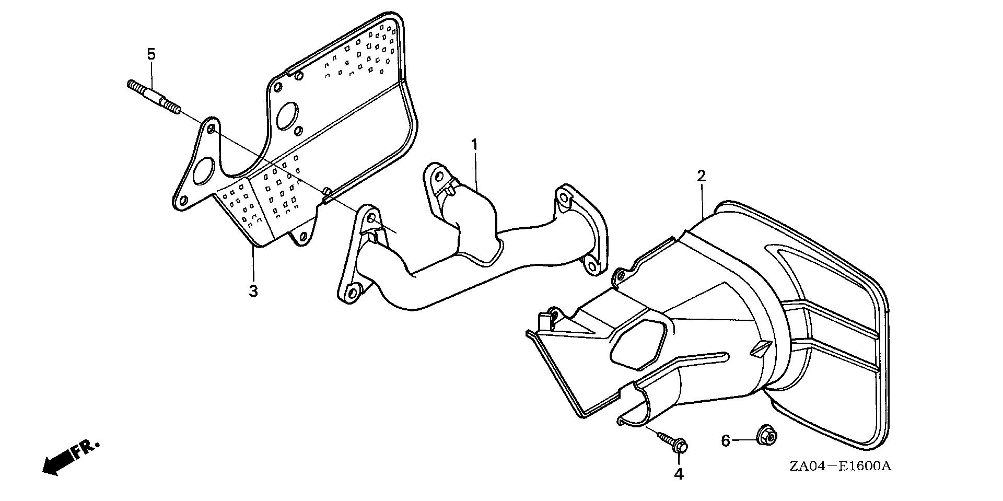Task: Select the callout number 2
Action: [701, 176]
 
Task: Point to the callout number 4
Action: [679, 474]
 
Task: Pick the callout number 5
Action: [151, 54]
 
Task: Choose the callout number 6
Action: [725, 441]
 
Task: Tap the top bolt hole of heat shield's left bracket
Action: [211, 129]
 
